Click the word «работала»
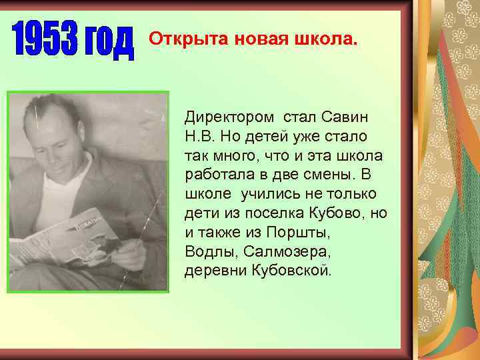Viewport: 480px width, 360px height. click(219, 175)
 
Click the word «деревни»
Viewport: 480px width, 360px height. click(212, 272)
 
